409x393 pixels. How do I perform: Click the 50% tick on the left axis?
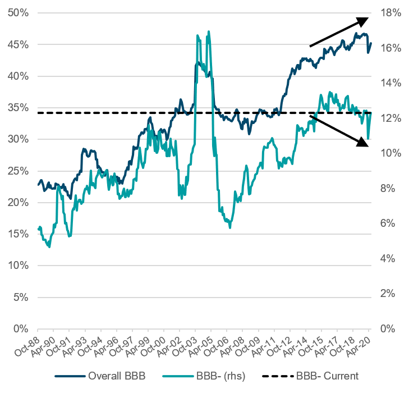coord(20,12)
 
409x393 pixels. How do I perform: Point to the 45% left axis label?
coord(20,44)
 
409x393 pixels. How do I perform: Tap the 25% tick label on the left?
coord(20,171)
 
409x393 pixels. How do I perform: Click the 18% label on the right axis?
coord(388,12)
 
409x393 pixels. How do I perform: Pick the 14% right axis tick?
coord(388,83)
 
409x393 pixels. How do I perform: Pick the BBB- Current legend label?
coord(327,376)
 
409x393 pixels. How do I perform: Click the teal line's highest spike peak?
coord(209,31)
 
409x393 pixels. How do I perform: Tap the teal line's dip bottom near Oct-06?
coord(230,227)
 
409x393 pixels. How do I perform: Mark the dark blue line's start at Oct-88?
coord(38,184)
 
